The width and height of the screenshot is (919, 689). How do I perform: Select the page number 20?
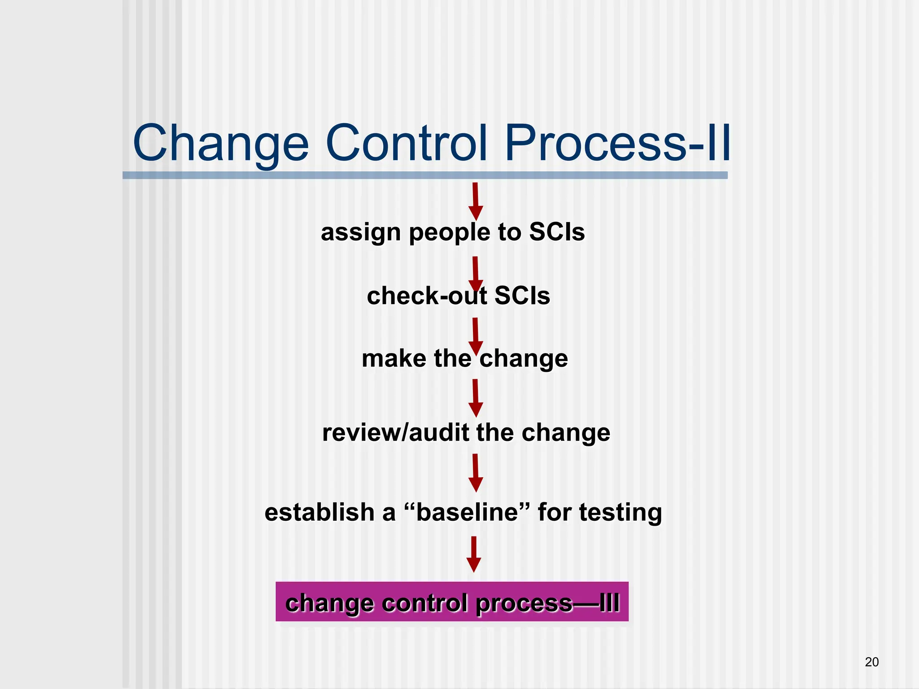coord(871,662)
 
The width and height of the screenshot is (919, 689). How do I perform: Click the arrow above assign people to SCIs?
coord(475,201)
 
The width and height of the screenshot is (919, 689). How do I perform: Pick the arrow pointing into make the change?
coord(475,336)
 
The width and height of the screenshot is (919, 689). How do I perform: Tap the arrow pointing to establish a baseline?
coord(475,473)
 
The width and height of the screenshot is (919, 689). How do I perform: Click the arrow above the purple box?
coord(474,554)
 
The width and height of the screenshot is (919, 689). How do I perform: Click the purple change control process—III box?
coord(452,602)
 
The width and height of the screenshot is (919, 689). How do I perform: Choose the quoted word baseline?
coord(467,512)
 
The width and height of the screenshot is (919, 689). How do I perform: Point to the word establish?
coord(319,512)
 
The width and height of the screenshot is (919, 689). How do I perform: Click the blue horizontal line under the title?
coord(425,175)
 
